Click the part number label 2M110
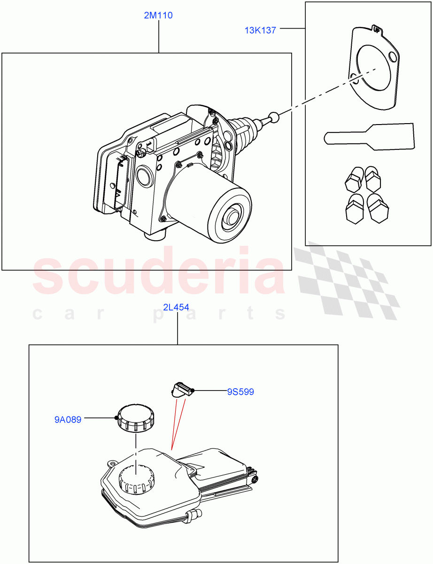pyautogui.click(x=158, y=16)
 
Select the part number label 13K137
pyautogui.click(x=260, y=30)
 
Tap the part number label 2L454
pyautogui.click(x=176, y=308)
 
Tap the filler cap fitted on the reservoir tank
pyautogui.click(x=136, y=479)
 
